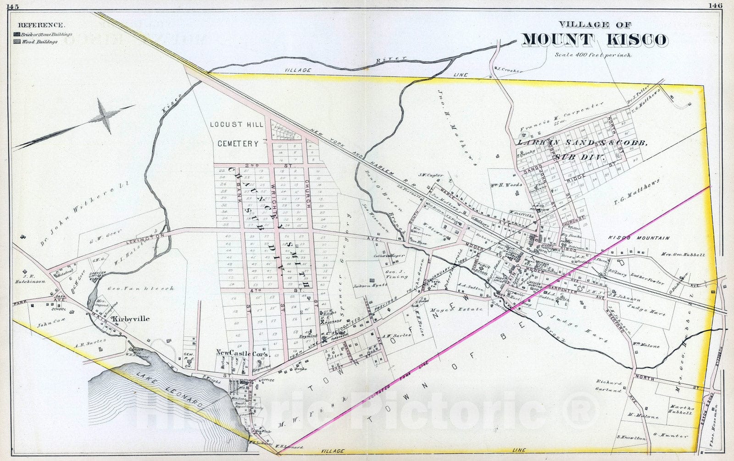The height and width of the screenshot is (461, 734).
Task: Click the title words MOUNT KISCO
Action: coord(594,40)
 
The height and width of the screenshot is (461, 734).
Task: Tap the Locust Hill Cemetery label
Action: coord(237,134)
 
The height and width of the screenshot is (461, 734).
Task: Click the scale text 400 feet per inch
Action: coord(593,55)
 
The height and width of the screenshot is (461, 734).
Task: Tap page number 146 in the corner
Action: coord(715,6)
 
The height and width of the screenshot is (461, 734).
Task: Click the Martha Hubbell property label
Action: coord(679,410)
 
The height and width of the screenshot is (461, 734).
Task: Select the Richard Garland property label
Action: coord(609,386)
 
